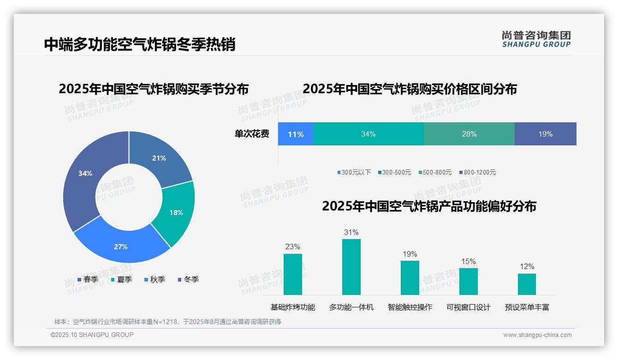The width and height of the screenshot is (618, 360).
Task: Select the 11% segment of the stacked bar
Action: point(296,134)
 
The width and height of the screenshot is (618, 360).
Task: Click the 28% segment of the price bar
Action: point(469,134)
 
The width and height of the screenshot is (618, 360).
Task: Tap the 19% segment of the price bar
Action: point(546,134)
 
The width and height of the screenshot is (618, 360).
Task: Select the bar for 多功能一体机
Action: point(351,267)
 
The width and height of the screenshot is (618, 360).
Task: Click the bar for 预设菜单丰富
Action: point(527,284)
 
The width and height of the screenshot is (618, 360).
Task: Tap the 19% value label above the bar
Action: point(410,254)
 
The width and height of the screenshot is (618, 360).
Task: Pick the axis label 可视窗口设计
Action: point(468,307)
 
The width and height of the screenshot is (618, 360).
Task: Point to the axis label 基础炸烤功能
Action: point(293,307)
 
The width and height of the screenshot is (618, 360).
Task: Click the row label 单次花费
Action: point(252,134)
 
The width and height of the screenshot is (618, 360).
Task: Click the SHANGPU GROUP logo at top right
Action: point(536,39)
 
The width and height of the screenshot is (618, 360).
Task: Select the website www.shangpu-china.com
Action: point(537,335)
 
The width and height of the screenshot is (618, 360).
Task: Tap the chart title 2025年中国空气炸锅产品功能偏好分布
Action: point(429,206)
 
